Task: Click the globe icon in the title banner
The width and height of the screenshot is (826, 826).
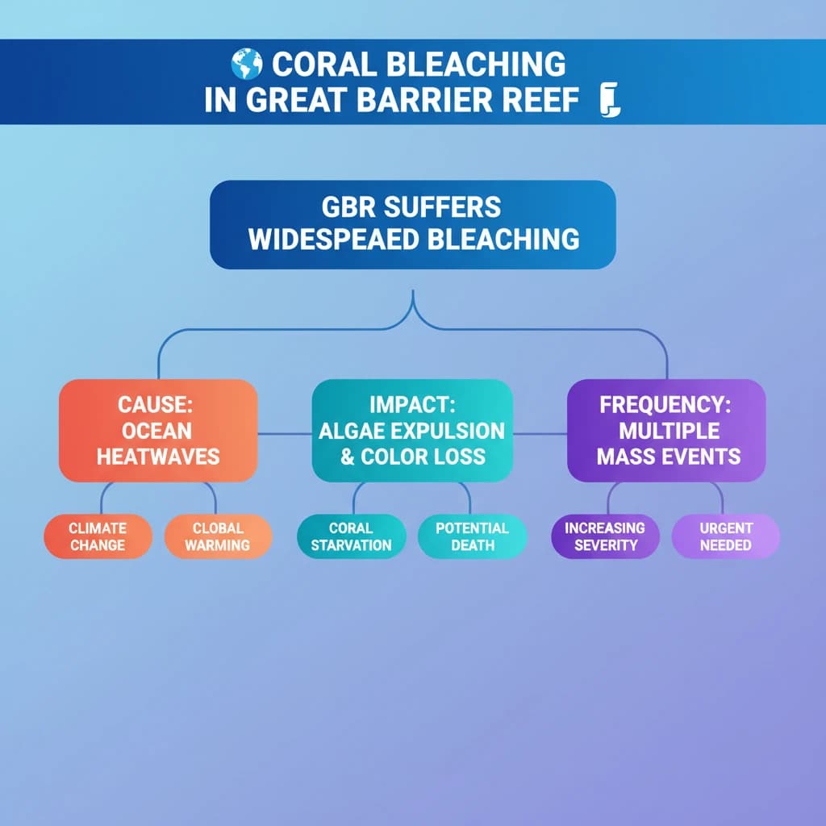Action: [246, 64]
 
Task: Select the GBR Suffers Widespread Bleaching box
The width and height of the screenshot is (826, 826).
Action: [412, 224]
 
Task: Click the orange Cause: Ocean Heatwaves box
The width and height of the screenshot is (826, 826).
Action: [158, 431]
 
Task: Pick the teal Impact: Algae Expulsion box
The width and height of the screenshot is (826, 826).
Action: [412, 431]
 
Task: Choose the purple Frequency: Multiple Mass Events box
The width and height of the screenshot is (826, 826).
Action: [667, 431]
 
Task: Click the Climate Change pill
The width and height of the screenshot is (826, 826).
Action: [98, 536]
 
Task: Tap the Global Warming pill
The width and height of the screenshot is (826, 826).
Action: [218, 536]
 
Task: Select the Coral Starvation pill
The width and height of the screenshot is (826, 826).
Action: [351, 536]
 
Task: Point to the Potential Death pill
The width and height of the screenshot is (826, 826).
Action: [472, 536]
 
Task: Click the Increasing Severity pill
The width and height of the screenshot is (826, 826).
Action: [605, 536]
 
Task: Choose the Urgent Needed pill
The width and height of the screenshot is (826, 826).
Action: [726, 536]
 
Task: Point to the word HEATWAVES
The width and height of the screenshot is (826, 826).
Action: [158, 457]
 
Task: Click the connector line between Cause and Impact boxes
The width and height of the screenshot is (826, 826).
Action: [285, 434]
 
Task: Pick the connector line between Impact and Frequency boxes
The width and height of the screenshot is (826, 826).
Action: [540, 434]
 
